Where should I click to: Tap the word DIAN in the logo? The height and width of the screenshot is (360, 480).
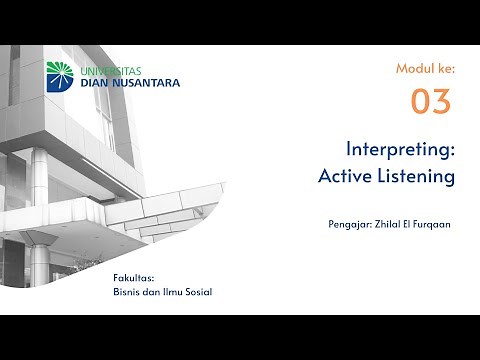[98, 83]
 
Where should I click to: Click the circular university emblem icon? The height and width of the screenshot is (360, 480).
[61, 76]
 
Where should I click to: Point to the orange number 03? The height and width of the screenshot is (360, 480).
[431, 101]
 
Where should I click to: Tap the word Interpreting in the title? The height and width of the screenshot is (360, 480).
[400, 150]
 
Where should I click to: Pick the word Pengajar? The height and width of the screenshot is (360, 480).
[350, 224]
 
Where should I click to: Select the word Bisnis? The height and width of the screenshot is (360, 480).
[128, 291]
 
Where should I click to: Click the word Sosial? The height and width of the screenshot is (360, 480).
[197, 291]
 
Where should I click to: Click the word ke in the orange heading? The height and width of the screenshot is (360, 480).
[446, 68]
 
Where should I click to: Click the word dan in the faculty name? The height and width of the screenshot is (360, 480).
[152, 291]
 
